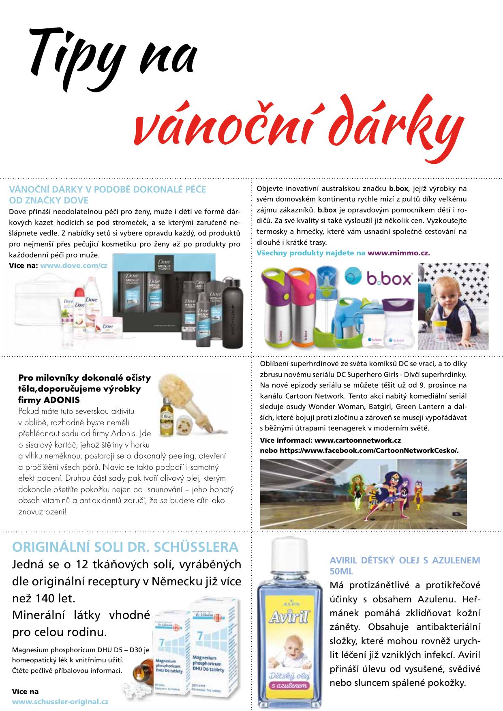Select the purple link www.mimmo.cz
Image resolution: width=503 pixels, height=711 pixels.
[398, 253]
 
